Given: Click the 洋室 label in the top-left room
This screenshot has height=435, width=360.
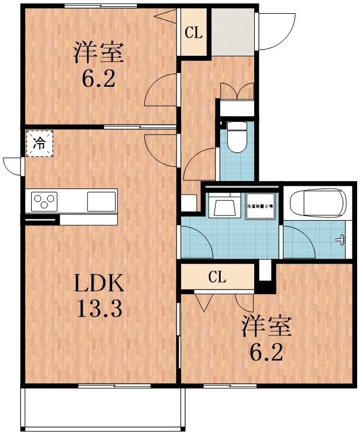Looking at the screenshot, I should (97, 53).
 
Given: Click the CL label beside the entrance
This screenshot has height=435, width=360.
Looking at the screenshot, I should (193, 33).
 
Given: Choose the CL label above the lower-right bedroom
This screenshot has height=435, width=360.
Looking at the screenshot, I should (217, 278).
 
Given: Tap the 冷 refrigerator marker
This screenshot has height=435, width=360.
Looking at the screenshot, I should (39, 144).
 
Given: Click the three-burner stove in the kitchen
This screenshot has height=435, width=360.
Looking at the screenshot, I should (45, 202).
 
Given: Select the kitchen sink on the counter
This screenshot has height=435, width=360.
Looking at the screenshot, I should (101, 202).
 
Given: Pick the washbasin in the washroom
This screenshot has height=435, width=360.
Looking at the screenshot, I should (224, 206).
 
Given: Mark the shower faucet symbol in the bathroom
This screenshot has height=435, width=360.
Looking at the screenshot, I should (343, 240).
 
